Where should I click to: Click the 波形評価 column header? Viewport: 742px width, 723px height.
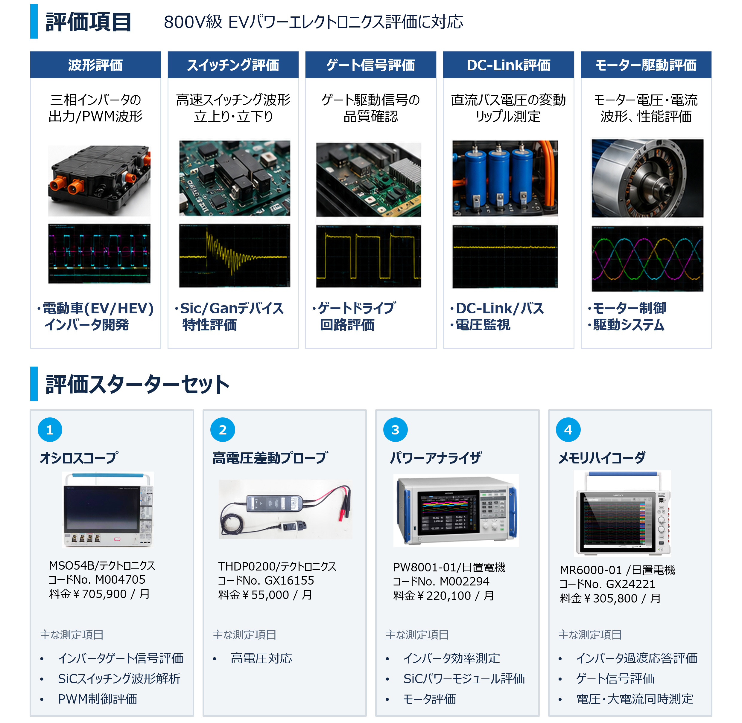[x=95, y=65]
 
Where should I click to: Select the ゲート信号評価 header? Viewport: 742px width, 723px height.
[x=370, y=65]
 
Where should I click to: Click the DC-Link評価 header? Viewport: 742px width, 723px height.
[x=508, y=65]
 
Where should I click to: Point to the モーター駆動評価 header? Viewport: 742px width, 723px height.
[x=646, y=65]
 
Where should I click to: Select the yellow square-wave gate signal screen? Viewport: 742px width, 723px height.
[x=369, y=256]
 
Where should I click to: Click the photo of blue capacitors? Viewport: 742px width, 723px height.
[x=505, y=178]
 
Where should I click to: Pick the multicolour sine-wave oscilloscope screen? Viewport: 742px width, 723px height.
[x=647, y=259]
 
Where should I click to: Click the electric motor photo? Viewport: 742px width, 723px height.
[x=647, y=178]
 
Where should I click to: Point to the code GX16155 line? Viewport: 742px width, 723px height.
[x=266, y=580]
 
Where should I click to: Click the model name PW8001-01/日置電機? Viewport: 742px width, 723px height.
[x=449, y=567]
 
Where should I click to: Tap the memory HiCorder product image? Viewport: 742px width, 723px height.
[x=622, y=513]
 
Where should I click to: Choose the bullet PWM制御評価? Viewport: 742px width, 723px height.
[x=97, y=699]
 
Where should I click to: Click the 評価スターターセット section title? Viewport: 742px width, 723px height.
[x=137, y=384]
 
